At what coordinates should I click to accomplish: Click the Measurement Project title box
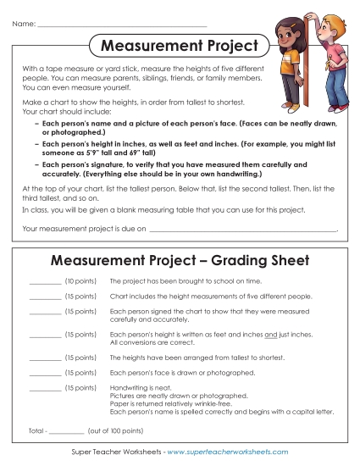tap(180, 44)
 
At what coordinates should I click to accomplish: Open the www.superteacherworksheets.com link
tap(228, 452)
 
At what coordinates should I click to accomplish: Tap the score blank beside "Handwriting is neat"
tap(45, 390)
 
